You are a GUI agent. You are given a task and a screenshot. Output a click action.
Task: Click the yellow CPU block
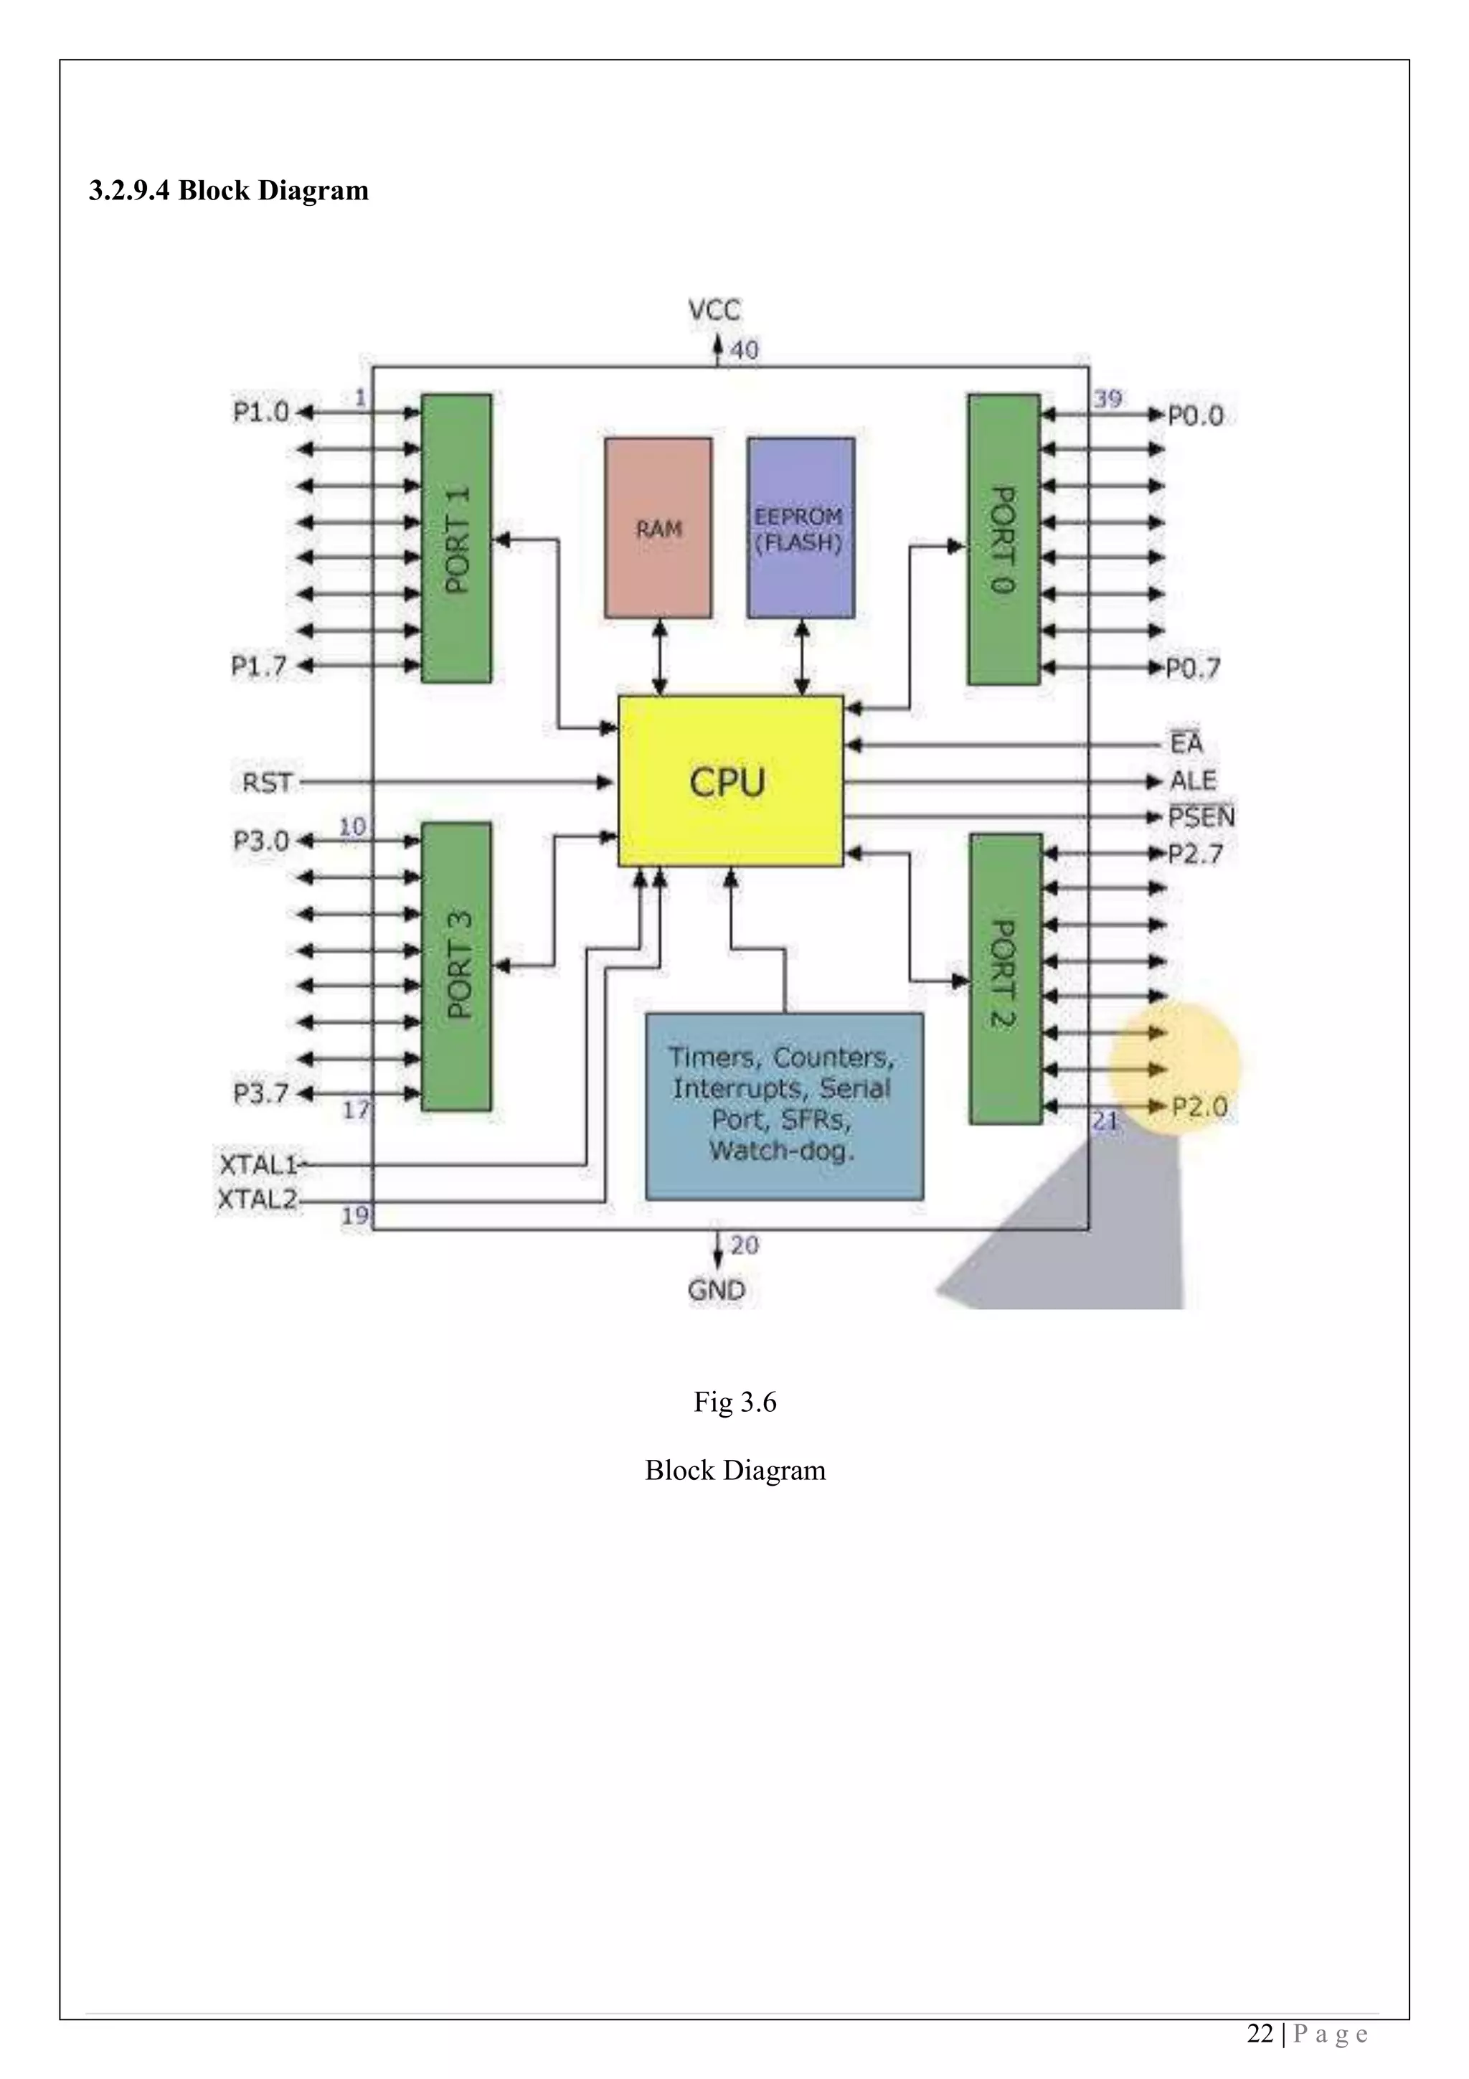[x=729, y=781]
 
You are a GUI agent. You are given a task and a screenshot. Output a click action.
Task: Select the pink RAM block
[x=658, y=528]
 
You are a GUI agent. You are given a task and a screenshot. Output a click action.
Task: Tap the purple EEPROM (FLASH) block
[x=800, y=528]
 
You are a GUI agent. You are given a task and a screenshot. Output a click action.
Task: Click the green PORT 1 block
[x=457, y=538]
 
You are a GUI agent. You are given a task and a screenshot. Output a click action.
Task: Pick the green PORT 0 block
[x=1003, y=539]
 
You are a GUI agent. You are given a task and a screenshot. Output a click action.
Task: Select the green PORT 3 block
[x=457, y=966]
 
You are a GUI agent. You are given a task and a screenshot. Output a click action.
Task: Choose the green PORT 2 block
[x=1005, y=978]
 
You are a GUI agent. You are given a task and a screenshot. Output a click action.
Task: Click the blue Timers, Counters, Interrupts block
[x=784, y=1105]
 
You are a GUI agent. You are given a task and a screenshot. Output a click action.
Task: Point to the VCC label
[x=714, y=311]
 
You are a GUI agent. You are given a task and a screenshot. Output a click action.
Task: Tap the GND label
[x=716, y=1289]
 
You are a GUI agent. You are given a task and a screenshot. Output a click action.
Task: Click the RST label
[x=267, y=781]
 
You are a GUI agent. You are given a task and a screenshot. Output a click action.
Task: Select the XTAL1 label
[x=258, y=1161]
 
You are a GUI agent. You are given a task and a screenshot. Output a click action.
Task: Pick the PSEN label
[x=1200, y=816]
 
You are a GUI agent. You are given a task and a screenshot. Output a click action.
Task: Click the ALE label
[x=1192, y=781]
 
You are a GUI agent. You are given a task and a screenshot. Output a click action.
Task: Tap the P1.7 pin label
[x=259, y=666]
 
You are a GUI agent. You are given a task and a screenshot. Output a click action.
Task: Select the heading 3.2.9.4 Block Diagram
[x=228, y=191]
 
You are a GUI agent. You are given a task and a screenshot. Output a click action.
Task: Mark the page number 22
[x=1259, y=2034]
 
